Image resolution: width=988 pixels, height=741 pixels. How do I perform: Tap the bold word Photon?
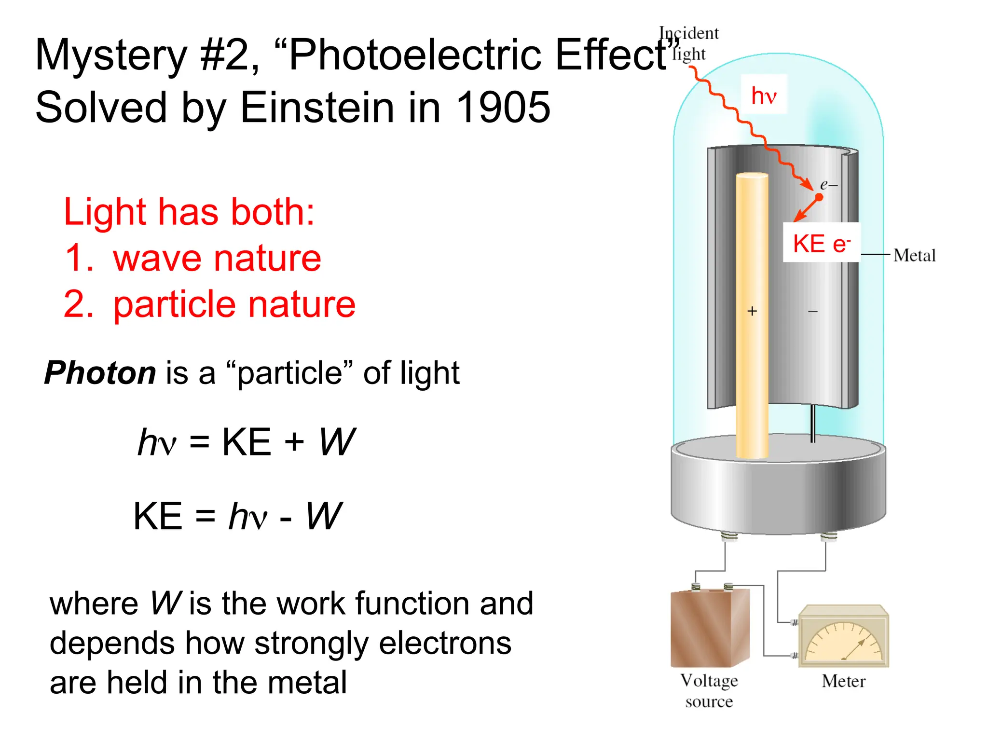coord(100,373)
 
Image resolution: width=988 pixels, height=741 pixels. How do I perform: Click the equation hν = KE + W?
coord(246,442)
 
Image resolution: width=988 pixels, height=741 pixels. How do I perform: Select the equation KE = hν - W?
coord(237,516)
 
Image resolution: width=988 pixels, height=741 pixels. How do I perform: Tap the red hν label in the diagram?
coord(764,95)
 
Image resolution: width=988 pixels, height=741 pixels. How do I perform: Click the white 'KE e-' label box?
coord(821,243)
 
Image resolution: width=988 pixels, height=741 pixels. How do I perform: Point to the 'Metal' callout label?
coord(914,255)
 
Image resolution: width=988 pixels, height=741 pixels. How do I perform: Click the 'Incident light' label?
coord(689,43)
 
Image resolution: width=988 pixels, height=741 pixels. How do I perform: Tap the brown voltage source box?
coord(710,628)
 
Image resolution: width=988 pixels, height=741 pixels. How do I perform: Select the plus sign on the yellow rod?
coord(752,311)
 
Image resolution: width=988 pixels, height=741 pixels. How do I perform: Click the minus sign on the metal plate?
coord(813,312)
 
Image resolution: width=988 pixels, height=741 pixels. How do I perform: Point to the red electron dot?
coord(819,197)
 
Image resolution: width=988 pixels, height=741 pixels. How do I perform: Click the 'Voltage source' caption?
coord(709,691)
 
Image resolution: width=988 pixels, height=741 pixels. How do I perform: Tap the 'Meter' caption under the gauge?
coord(844,681)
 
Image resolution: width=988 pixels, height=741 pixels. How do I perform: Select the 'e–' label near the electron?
coord(829,185)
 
